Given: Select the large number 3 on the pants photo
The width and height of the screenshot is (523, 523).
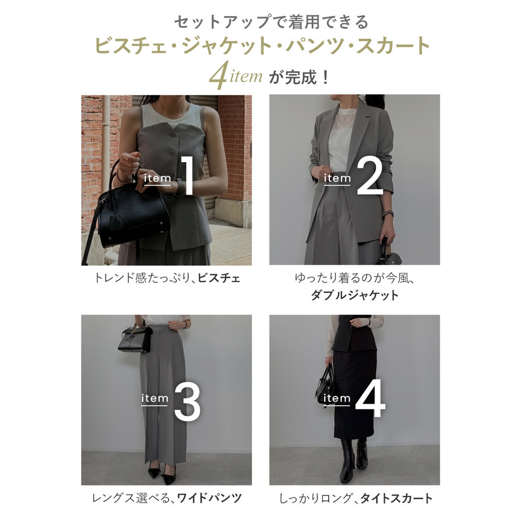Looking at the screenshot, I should (x=187, y=401).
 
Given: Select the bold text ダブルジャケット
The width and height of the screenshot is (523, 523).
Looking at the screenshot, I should (x=354, y=295).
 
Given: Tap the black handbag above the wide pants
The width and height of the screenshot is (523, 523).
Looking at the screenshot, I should (x=134, y=339).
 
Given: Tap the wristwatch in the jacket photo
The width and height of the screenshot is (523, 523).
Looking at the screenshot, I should (x=388, y=214).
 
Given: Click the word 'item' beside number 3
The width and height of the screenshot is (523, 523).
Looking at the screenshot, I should (x=155, y=399).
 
